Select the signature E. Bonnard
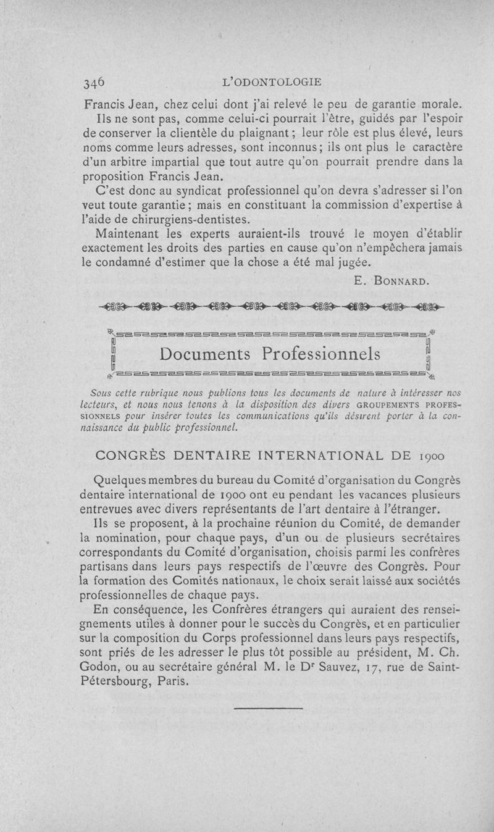pos(391,281)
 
